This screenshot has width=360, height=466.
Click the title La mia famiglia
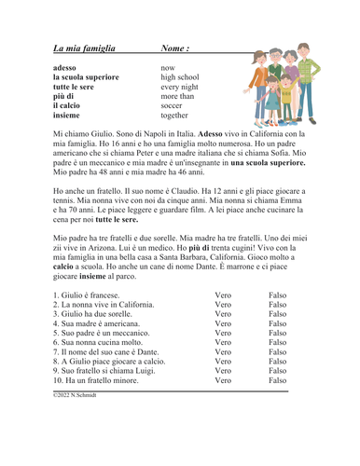point(84,48)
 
